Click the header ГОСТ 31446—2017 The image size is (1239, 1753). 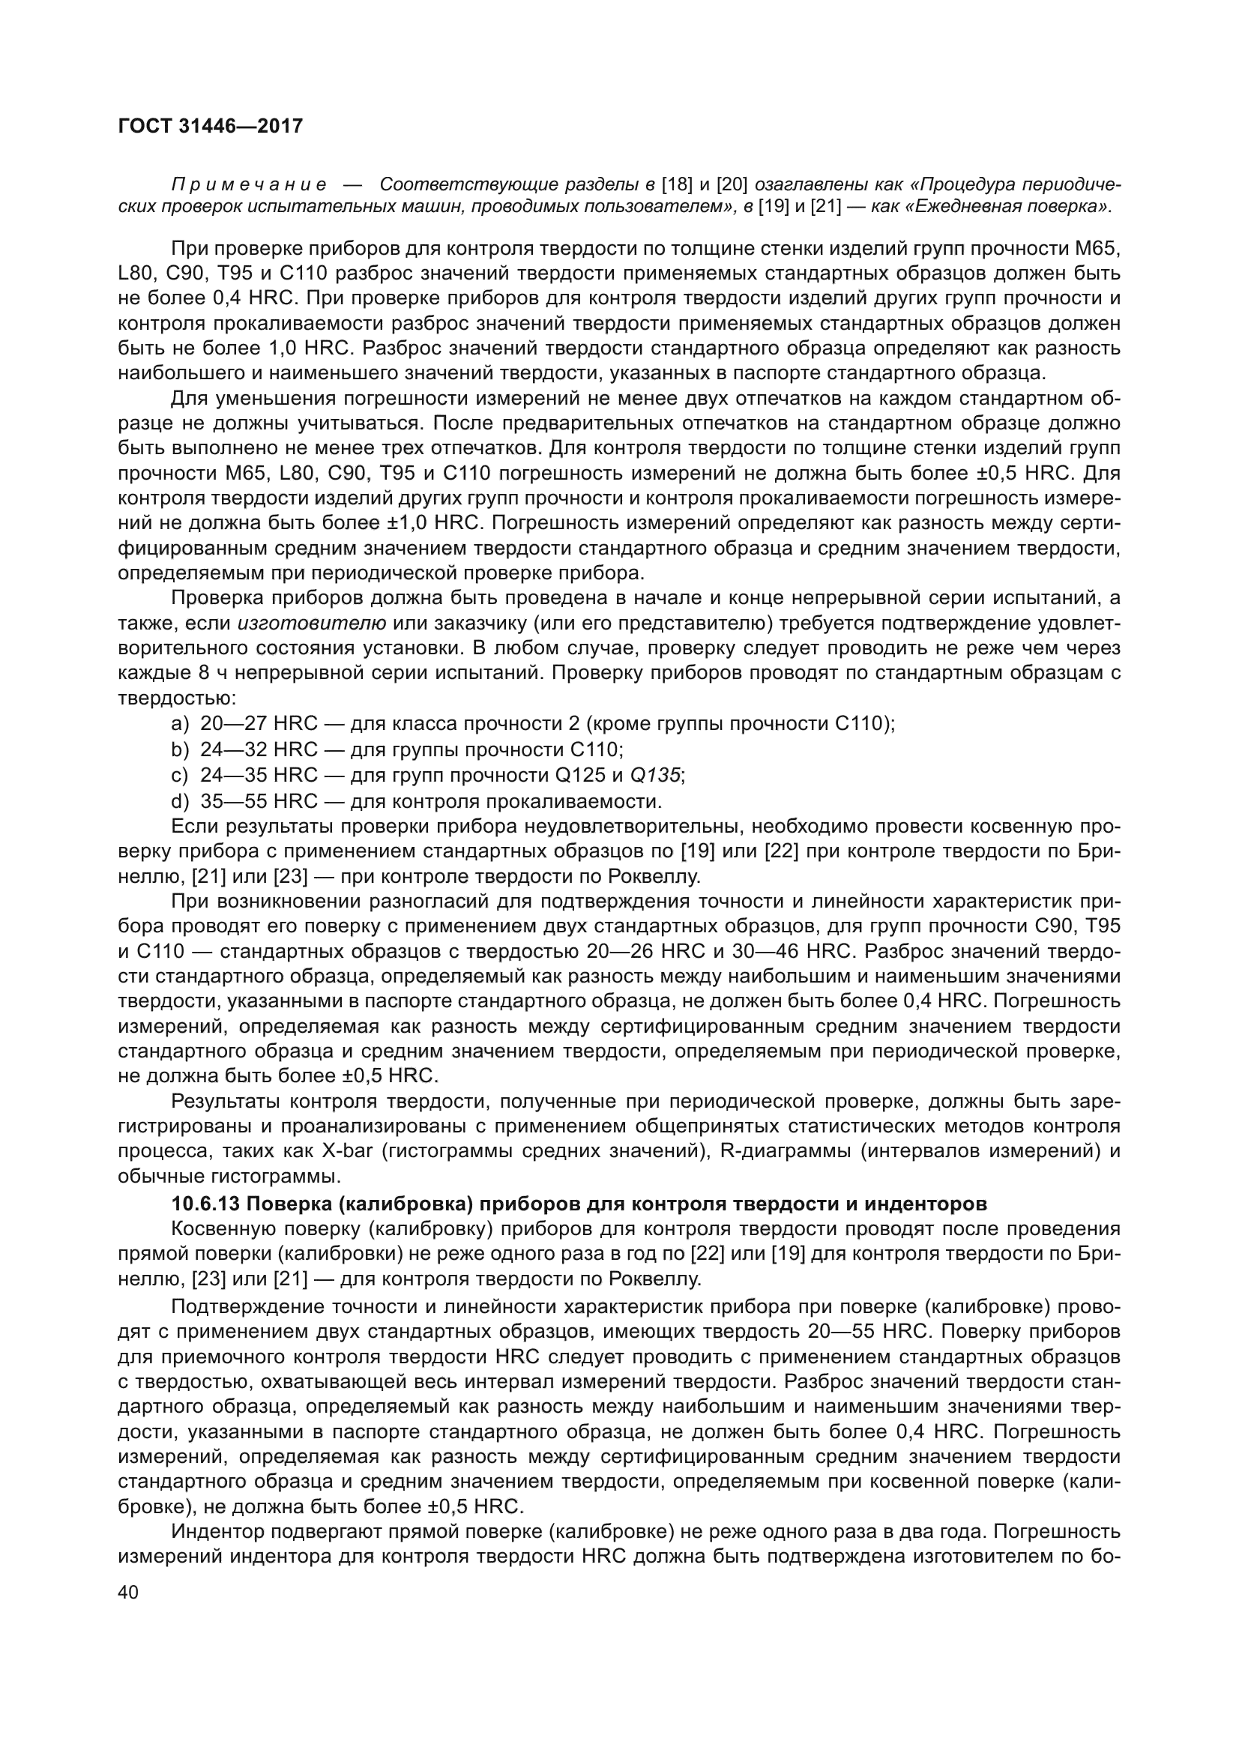210,126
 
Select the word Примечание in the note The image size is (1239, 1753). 249,185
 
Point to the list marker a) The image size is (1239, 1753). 180,723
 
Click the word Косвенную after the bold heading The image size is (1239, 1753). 223,1228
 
